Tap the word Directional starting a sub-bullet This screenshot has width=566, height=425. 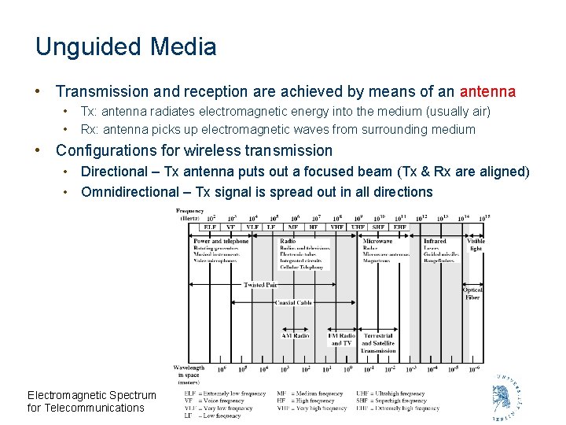(114, 172)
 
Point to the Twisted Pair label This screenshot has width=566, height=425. (260, 285)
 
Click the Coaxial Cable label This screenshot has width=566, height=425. (293, 302)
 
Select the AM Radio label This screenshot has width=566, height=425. (296, 335)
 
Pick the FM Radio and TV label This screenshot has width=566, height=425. (341, 339)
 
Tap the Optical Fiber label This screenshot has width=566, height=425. (472, 294)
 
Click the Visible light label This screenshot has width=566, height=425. (476, 245)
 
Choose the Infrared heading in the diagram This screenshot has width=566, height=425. (435, 241)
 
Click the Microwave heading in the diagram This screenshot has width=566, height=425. (377, 241)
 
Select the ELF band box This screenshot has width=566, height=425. (209, 227)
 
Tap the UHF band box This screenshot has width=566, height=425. (358, 227)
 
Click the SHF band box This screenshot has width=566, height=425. (379, 227)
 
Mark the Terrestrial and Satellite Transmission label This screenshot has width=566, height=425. (378, 343)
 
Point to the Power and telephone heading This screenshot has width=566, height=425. (221, 241)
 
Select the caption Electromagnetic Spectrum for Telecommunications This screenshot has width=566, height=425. (91, 401)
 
